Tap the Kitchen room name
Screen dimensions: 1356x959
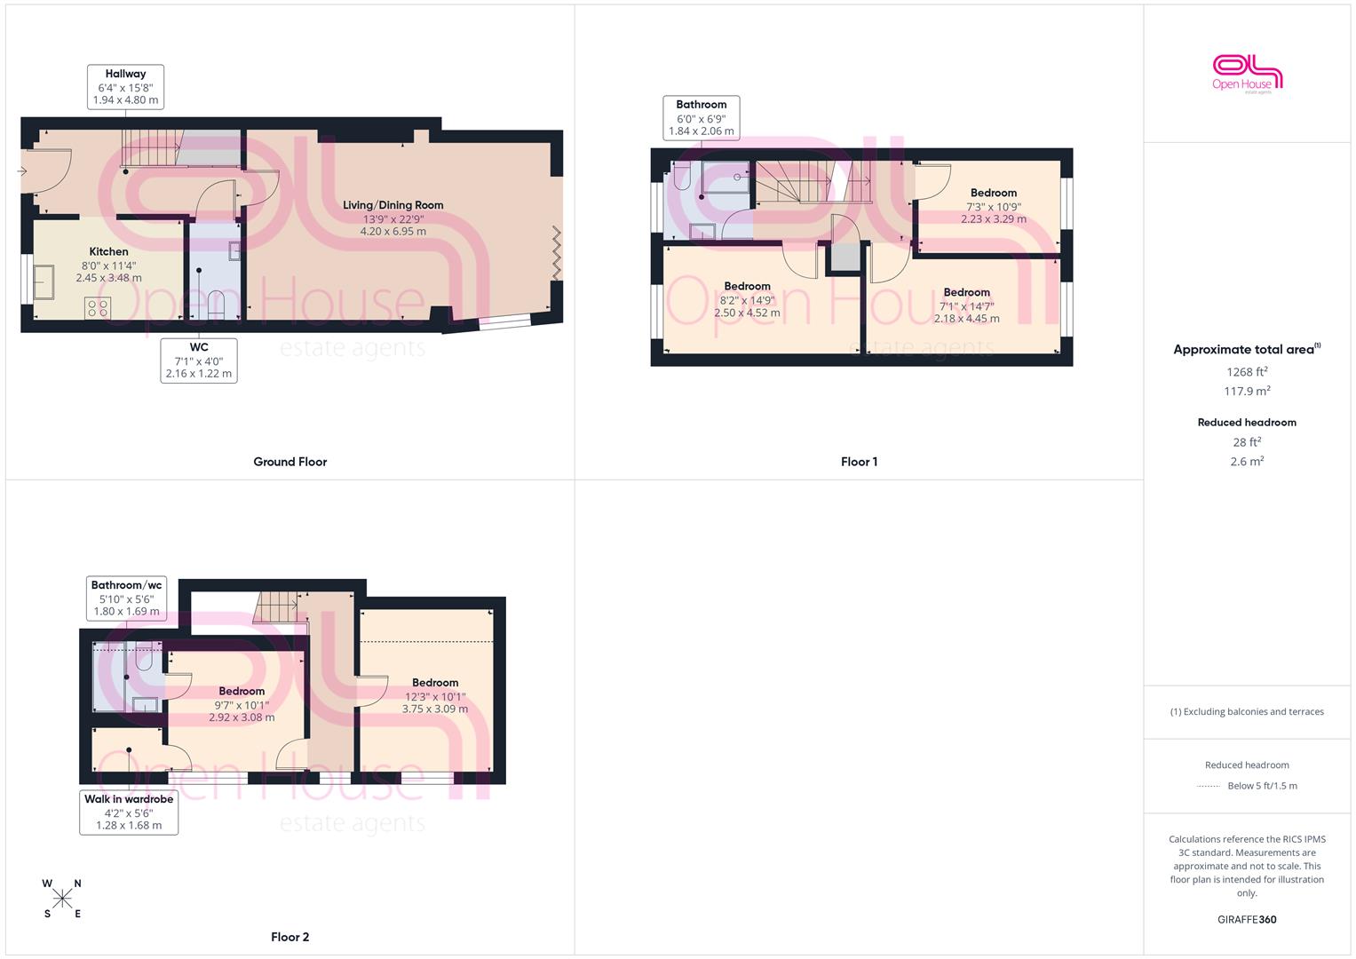(109, 251)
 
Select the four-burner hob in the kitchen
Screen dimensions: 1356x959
(98, 307)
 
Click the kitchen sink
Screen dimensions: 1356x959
(44, 282)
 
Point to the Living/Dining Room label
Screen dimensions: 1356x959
(393, 205)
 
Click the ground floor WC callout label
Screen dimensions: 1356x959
(199, 361)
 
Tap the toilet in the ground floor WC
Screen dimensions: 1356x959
(216, 305)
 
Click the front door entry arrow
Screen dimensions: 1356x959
(22, 171)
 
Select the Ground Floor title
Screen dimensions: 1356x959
(290, 462)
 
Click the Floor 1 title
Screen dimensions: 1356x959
(859, 462)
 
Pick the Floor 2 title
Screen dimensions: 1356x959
(290, 937)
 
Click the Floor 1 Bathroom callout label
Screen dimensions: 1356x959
(701, 118)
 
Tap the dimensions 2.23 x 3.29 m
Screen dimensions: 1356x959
(994, 219)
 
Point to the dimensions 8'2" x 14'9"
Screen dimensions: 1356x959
(747, 300)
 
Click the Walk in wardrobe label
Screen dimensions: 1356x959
(129, 799)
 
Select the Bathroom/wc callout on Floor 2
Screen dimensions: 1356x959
(126, 598)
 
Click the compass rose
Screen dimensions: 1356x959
(62, 899)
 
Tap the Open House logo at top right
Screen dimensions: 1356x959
(1247, 75)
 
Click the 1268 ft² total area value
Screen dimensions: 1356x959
(1247, 372)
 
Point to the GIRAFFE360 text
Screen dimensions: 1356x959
(1247, 920)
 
